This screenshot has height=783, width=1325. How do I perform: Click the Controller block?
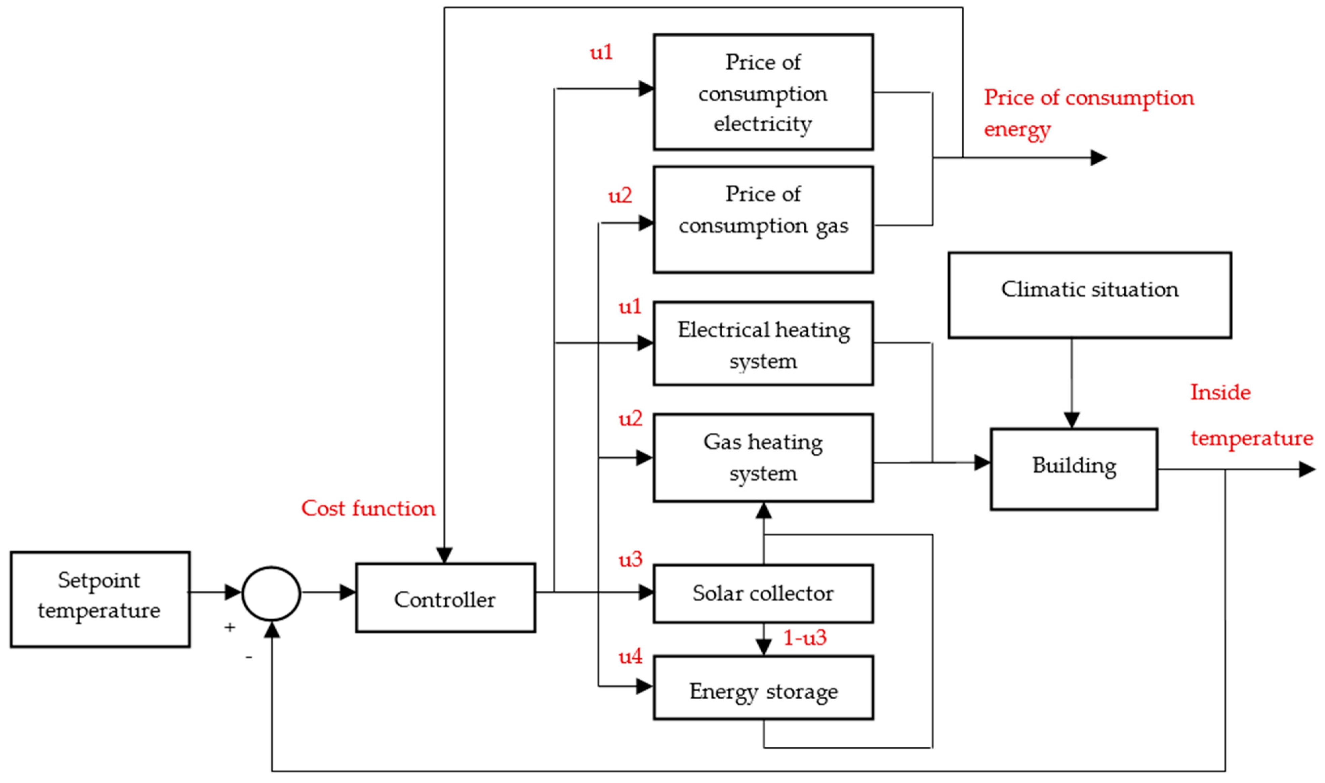tap(445, 598)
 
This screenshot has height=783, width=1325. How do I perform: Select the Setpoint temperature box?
tap(100, 600)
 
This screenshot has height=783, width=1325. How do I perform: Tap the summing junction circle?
tap(271, 593)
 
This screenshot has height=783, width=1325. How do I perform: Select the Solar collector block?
tap(763, 593)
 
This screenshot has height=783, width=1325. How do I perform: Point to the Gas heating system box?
tap(763, 457)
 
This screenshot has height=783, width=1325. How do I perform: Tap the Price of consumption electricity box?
tap(763, 92)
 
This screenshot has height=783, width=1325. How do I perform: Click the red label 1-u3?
tap(804, 638)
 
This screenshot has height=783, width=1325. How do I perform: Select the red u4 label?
tap(630, 656)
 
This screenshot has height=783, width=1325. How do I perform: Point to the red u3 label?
tap(630, 559)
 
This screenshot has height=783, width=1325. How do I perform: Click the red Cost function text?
tap(368, 508)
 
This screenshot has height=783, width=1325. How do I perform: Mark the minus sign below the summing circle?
tap(248, 657)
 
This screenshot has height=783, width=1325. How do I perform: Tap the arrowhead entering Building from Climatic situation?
tap(1071, 420)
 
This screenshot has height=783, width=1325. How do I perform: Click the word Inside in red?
tap(1220, 393)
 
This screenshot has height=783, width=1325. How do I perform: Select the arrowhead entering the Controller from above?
tap(444, 555)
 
